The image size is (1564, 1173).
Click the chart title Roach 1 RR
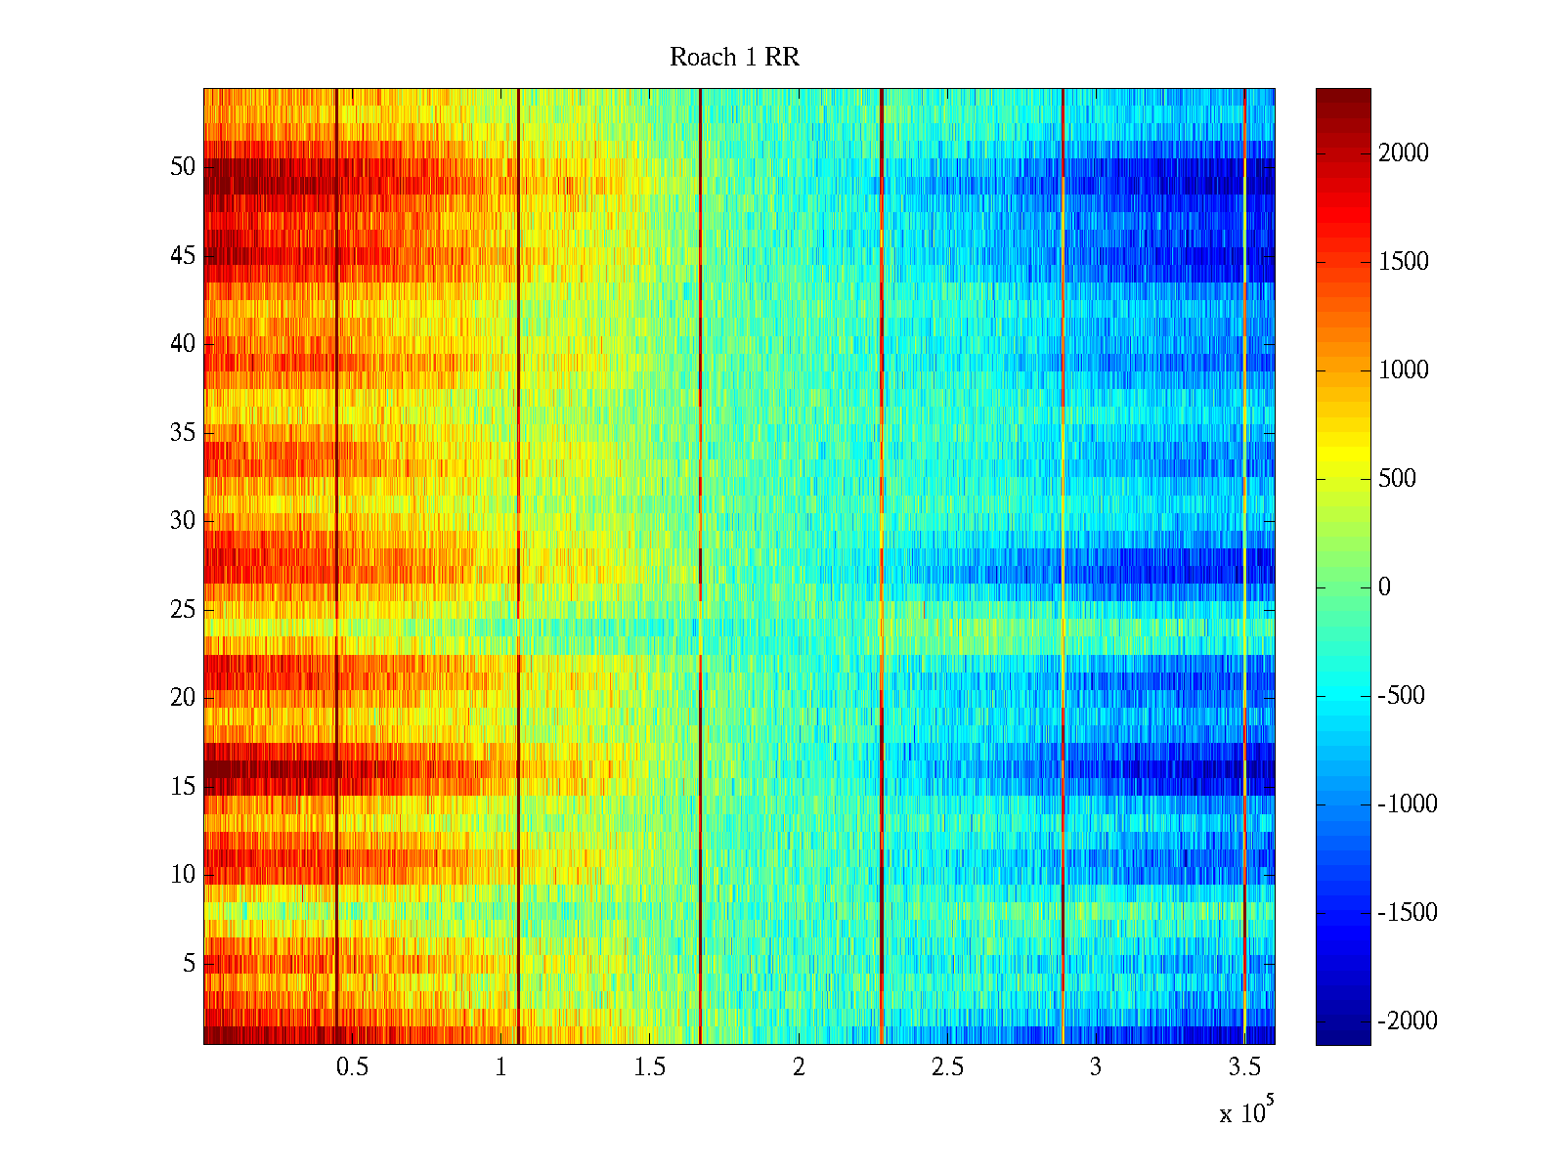(x=734, y=58)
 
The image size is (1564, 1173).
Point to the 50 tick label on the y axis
(x=183, y=167)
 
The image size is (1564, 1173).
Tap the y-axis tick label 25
(x=183, y=610)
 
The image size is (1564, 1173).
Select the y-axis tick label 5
(x=189, y=964)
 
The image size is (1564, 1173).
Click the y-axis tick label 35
(x=183, y=433)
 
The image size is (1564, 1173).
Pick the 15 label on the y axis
(x=183, y=787)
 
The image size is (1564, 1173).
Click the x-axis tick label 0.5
(x=352, y=1067)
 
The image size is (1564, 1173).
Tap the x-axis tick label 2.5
(x=947, y=1067)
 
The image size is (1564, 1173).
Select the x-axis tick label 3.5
(x=1244, y=1067)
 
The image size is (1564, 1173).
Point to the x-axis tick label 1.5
(x=649, y=1067)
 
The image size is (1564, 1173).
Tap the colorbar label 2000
(x=1404, y=152)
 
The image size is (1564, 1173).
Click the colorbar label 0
(x=1384, y=587)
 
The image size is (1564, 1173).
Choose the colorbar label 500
(x=1397, y=479)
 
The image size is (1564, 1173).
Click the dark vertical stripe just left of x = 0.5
(x=336, y=567)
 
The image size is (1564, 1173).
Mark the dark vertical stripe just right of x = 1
(x=518, y=567)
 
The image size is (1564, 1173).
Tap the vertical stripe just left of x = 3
(x=1063, y=567)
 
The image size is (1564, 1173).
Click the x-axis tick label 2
(x=799, y=1067)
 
